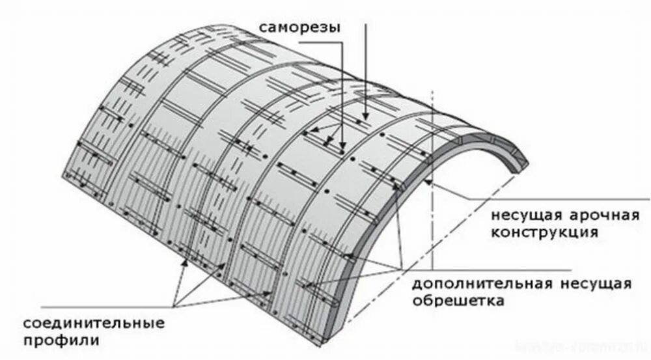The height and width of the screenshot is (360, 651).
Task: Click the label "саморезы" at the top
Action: click(299, 28)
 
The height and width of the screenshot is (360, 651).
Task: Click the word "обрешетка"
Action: click(458, 301)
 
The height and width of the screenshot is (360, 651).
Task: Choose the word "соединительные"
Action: click(94, 323)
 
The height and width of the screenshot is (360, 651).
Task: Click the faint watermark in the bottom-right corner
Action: click(586, 347)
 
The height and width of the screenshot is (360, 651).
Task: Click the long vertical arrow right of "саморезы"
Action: click(367, 72)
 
